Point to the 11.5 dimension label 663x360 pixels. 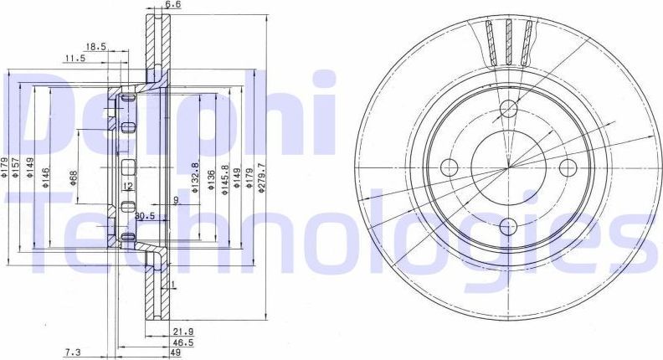click(76, 59)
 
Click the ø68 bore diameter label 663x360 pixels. click(74, 177)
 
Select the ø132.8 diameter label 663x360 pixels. click(194, 177)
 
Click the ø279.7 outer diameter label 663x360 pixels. click(261, 177)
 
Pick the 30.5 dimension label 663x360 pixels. click(146, 215)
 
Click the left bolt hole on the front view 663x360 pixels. click(448, 165)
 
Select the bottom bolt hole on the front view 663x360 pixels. click(507, 225)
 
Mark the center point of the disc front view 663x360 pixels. click(507, 166)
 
